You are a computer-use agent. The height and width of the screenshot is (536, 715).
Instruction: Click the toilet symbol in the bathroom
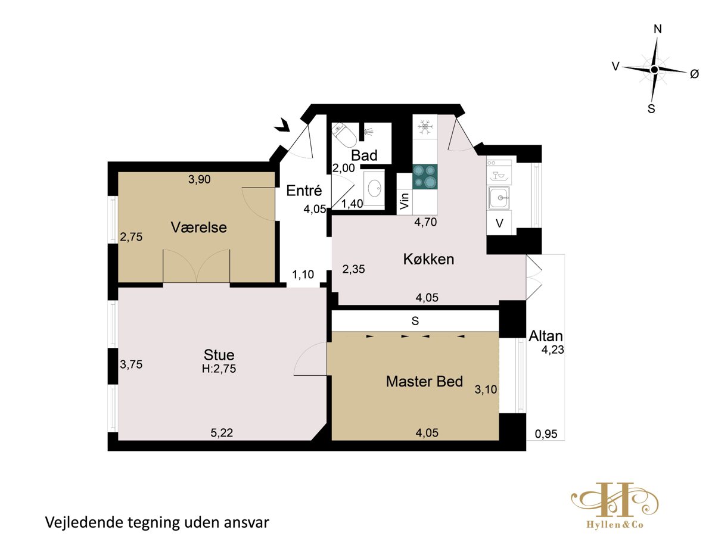[344, 135]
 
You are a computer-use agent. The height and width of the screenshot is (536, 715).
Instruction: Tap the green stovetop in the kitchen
[425, 177]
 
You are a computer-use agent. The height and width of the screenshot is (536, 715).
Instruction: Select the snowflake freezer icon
[425, 127]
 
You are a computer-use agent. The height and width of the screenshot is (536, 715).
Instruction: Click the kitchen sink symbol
[498, 198]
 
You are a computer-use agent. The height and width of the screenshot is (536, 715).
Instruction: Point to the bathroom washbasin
[374, 188]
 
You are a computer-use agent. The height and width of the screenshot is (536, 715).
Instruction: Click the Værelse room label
[198, 228]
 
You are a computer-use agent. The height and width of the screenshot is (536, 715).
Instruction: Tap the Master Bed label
[424, 381]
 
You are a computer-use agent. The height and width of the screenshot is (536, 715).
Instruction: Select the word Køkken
[428, 259]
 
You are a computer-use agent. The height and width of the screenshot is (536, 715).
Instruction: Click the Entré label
[304, 191]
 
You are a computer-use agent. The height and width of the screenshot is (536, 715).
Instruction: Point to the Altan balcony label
[546, 336]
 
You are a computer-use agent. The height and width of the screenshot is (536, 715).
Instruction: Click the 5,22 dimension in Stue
[222, 432]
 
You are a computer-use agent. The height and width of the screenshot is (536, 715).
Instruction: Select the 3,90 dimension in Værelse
[200, 179]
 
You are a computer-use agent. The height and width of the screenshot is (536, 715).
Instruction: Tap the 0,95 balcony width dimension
[546, 434]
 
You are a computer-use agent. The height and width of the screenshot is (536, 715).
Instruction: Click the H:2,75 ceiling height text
[219, 369]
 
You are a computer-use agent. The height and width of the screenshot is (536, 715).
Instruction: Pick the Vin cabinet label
[404, 201]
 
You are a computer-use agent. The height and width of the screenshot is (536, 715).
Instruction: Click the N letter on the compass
[658, 29]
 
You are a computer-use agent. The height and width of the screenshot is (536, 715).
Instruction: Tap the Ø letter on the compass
[694, 74]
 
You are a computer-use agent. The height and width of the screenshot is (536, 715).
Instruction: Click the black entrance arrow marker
[282, 126]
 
